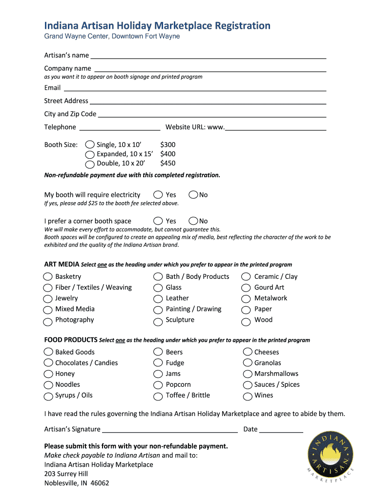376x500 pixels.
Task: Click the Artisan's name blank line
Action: click(x=209, y=56)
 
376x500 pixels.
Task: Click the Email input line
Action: click(x=195, y=89)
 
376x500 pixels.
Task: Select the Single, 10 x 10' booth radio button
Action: click(x=90, y=145)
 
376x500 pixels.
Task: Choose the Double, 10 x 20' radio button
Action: click(x=90, y=164)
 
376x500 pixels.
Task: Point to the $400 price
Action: click(x=167, y=154)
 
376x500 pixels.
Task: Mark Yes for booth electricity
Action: click(x=158, y=195)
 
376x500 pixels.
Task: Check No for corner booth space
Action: click(x=193, y=221)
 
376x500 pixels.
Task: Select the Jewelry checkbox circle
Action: click(x=48, y=299)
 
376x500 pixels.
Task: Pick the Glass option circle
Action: click(x=158, y=288)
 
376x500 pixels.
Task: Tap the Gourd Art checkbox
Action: click(x=246, y=288)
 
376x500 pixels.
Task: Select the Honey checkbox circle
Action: click(x=48, y=374)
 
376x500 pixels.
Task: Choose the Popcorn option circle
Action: click(x=158, y=385)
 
